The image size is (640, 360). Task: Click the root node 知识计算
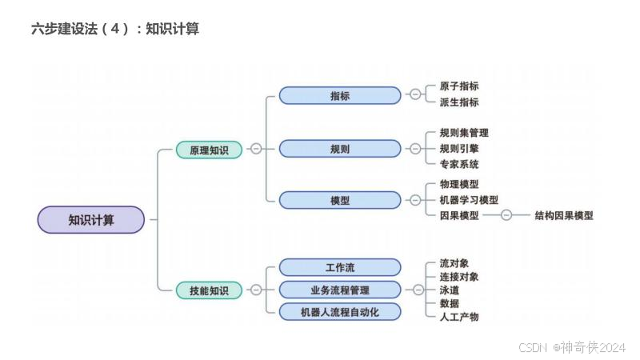(91, 220)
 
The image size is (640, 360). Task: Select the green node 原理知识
(209, 150)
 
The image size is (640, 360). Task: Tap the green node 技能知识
(209, 290)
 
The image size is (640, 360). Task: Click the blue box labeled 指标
(340, 96)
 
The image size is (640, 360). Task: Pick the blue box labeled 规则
(340, 149)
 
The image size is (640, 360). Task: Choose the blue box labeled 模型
(340, 200)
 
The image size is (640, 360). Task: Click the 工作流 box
(340, 267)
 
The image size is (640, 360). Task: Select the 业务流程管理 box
(340, 290)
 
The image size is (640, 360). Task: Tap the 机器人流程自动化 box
(340, 312)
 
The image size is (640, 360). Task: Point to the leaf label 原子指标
(459, 86)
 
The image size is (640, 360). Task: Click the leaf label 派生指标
(459, 102)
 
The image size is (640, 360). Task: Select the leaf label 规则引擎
(459, 149)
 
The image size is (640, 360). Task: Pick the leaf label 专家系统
(459, 165)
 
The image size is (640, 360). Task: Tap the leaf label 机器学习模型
(469, 200)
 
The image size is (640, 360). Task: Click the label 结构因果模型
(564, 215)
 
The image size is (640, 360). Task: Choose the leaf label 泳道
(450, 290)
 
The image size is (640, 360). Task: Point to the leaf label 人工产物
(459, 317)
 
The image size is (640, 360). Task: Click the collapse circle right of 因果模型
(506, 215)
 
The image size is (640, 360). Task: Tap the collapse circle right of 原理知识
(256, 149)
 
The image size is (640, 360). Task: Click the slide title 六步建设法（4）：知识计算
(115, 30)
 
